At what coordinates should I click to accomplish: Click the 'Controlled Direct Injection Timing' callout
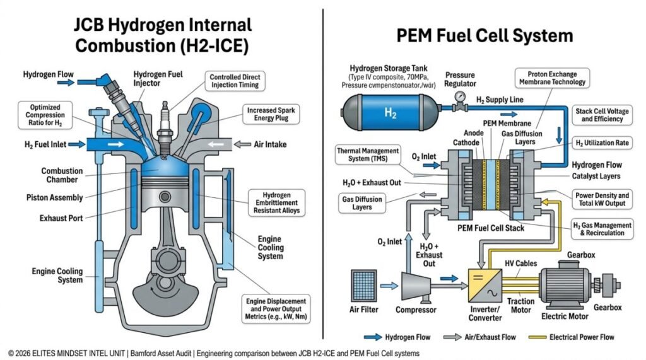point(233,81)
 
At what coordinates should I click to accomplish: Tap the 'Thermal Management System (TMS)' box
point(368,155)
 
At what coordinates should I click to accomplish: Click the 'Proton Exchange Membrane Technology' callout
point(552,78)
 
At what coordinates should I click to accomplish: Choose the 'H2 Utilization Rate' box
point(602,143)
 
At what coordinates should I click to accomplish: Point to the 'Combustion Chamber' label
point(62,175)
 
